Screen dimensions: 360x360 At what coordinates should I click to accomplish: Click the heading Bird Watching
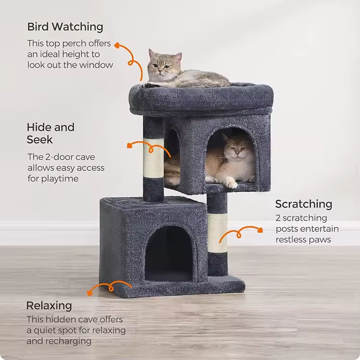tap(65, 27)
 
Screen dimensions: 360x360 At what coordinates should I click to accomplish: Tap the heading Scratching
tap(304, 204)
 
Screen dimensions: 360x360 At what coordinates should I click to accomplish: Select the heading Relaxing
tap(49, 306)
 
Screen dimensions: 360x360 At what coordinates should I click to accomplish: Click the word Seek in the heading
tap(40, 140)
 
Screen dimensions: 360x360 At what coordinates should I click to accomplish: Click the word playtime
tap(60, 179)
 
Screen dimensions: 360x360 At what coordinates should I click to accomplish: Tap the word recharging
tap(68, 341)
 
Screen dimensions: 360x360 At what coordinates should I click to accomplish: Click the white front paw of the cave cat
tap(231, 184)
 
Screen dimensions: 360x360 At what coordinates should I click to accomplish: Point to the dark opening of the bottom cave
tap(169, 253)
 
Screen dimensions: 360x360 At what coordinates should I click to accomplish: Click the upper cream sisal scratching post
tap(154, 158)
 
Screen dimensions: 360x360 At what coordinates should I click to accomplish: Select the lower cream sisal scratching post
tap(217, 233)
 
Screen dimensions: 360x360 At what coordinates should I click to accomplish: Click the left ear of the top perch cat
tap(152, 53)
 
